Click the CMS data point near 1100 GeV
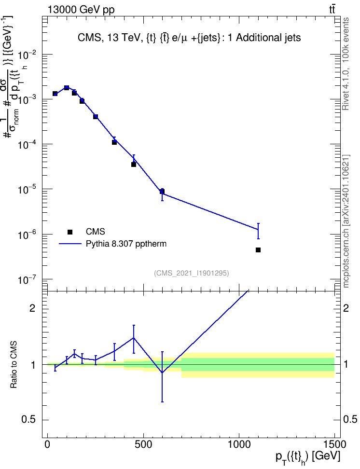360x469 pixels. coord(258,250)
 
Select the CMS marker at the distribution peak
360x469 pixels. coord(67,88)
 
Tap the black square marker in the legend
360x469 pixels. coord(69,232)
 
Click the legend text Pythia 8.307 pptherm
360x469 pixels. coord(126,244)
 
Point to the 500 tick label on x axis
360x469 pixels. coord(143,444)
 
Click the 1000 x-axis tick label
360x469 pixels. coord(239,444)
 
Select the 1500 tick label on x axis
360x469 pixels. coord(334,444)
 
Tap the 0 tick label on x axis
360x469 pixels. coord(47,444)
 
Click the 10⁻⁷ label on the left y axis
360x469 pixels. coord(28,280)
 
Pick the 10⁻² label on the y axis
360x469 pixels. coord(28,55)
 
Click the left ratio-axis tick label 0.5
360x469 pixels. coord(29,420)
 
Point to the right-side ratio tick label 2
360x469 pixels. coord(346,308)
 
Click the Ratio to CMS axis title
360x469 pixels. coord(14,365)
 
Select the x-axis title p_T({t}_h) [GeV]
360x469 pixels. coord(307,457)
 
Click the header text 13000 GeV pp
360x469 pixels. coord(81,10)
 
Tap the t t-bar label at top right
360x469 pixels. coord(332,9)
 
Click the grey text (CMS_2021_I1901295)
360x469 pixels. coord(192,273)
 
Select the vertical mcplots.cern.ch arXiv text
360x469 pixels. coord(346,221)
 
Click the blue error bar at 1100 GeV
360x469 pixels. coord(258,231)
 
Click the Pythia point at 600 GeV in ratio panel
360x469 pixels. coord(162,372)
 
